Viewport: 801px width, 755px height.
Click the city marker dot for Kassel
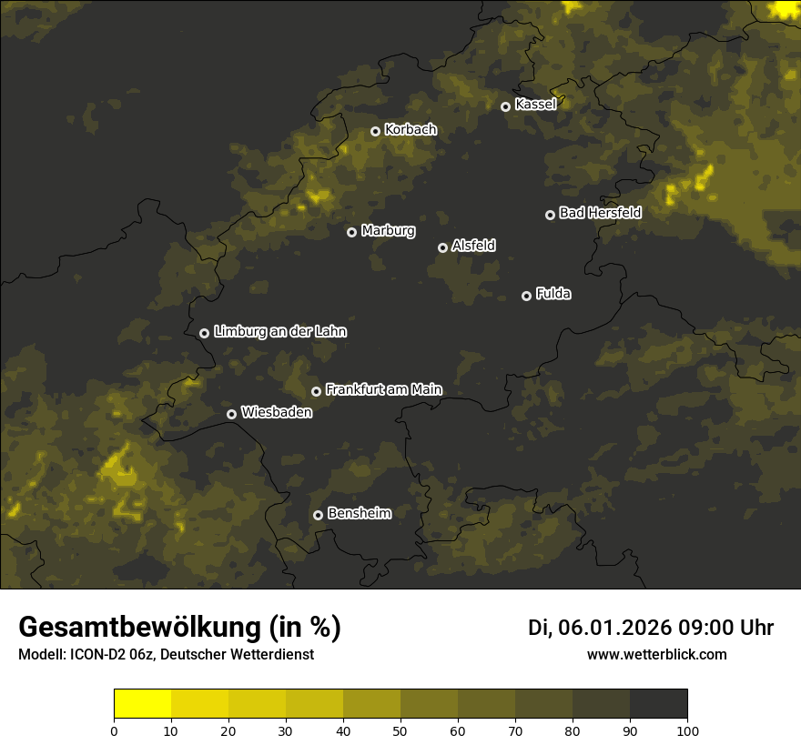click(x=505, y=106)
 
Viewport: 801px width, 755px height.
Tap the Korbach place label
click(x=411, y=129)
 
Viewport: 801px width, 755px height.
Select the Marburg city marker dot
click(x=351, y=232)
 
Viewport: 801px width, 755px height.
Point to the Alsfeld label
click(x=473, y=246)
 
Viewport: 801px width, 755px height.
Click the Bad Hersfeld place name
click(x=600, y=213)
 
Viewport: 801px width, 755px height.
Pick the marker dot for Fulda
click(x=526, y=296)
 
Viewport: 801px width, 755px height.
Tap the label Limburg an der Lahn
click(x=279, y=332)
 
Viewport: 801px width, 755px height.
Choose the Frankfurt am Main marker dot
click(x=316, y=391)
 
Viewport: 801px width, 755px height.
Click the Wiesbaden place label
click(x=277, y=412)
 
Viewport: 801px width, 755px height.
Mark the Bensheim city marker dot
click(x=318, y=515)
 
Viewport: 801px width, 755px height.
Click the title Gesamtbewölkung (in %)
click(x=179, y=628)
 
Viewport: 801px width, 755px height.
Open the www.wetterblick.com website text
click(x=657, y=655)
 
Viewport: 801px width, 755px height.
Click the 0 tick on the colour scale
click(x=114, y=730)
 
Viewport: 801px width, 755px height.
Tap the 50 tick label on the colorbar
click(x=400, y=730)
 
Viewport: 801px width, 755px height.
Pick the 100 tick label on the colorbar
click(x=687, y=730)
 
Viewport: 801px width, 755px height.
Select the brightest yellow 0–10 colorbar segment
click(x=142, y=704)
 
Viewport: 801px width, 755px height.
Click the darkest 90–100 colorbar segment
click(x=658, y=704)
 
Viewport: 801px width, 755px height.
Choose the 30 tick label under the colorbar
click(x=286, y=730)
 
